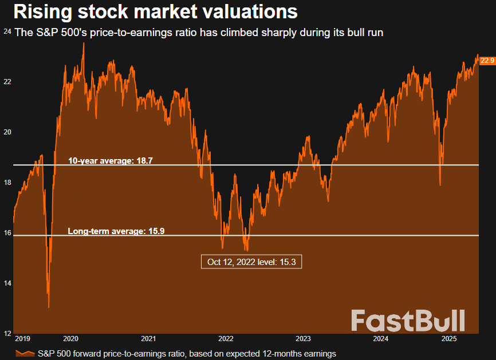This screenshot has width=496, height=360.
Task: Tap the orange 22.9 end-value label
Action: coord(487,60)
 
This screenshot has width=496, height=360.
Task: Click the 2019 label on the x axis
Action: coord(22,339)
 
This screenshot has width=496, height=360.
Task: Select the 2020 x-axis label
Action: coord(71,339)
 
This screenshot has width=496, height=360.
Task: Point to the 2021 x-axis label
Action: coord(148,339)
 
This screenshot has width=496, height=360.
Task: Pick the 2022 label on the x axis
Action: coord(226,339)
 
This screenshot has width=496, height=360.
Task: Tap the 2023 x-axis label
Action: coord(303,339)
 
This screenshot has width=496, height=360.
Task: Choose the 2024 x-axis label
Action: coord(380,339)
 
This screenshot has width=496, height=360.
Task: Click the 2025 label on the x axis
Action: coord(450,339)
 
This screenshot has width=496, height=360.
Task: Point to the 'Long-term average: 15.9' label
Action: coord(116,231)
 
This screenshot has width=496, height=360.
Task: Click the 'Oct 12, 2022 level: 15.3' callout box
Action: coord(251,262)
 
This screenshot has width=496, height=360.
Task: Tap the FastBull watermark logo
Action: coord(408,321)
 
